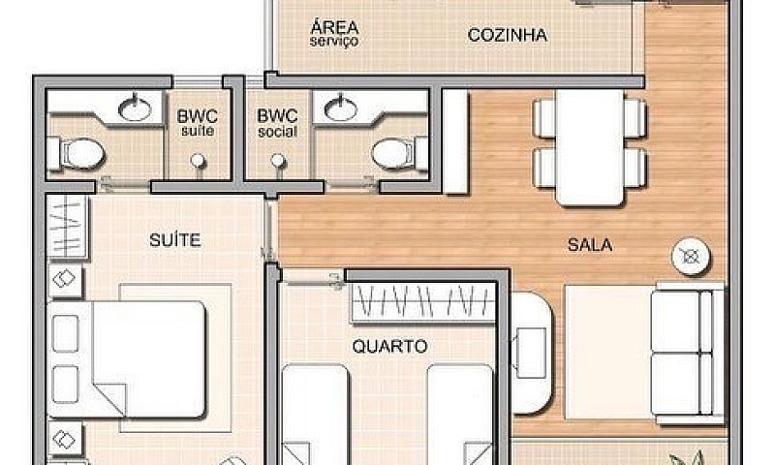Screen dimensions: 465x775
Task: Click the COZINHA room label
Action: pyautogui.click(x=507, y=36)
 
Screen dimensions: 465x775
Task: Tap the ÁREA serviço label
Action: pyautogui.click(x=334, y=33)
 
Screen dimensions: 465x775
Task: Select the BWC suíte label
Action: pyautogui.click(x=197, y=122)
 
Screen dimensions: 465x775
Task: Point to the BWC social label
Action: pyautogui.click(x=277, y=122)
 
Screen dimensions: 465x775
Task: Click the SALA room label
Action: pyautogui.click(x=589, y=245)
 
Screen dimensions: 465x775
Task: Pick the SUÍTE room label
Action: pyautogui.click(x=175, y=239)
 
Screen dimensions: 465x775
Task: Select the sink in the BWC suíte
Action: pyautogui.click(x=135, y=108)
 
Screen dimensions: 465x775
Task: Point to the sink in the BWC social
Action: pyautogui.click(x=341, y=108)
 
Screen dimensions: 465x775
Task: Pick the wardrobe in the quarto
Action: pyautogui.click(x=423, y=303)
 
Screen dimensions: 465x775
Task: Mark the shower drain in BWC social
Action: pyautogui.click(x=277, y=161)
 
